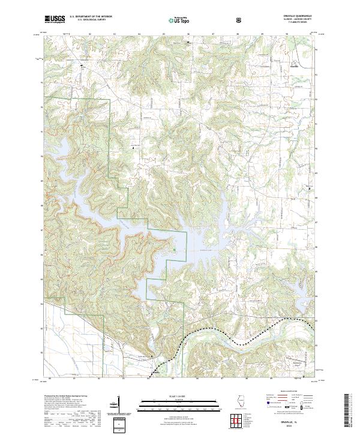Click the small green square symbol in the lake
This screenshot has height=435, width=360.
tap(175, 250)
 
